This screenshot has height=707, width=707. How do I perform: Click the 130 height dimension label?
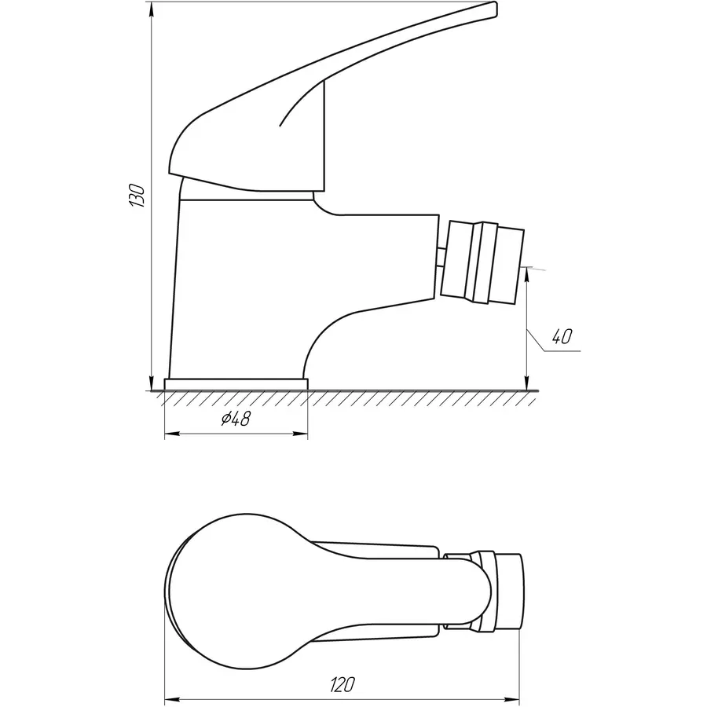(x=138, y=195)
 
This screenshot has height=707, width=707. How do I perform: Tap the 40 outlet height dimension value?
(x=561, y=337)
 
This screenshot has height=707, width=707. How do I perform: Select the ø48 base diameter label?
(x=235, y=419)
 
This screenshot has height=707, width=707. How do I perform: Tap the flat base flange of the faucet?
(x=236, y=383)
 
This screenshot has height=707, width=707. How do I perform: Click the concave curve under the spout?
(x=330, y=330)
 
